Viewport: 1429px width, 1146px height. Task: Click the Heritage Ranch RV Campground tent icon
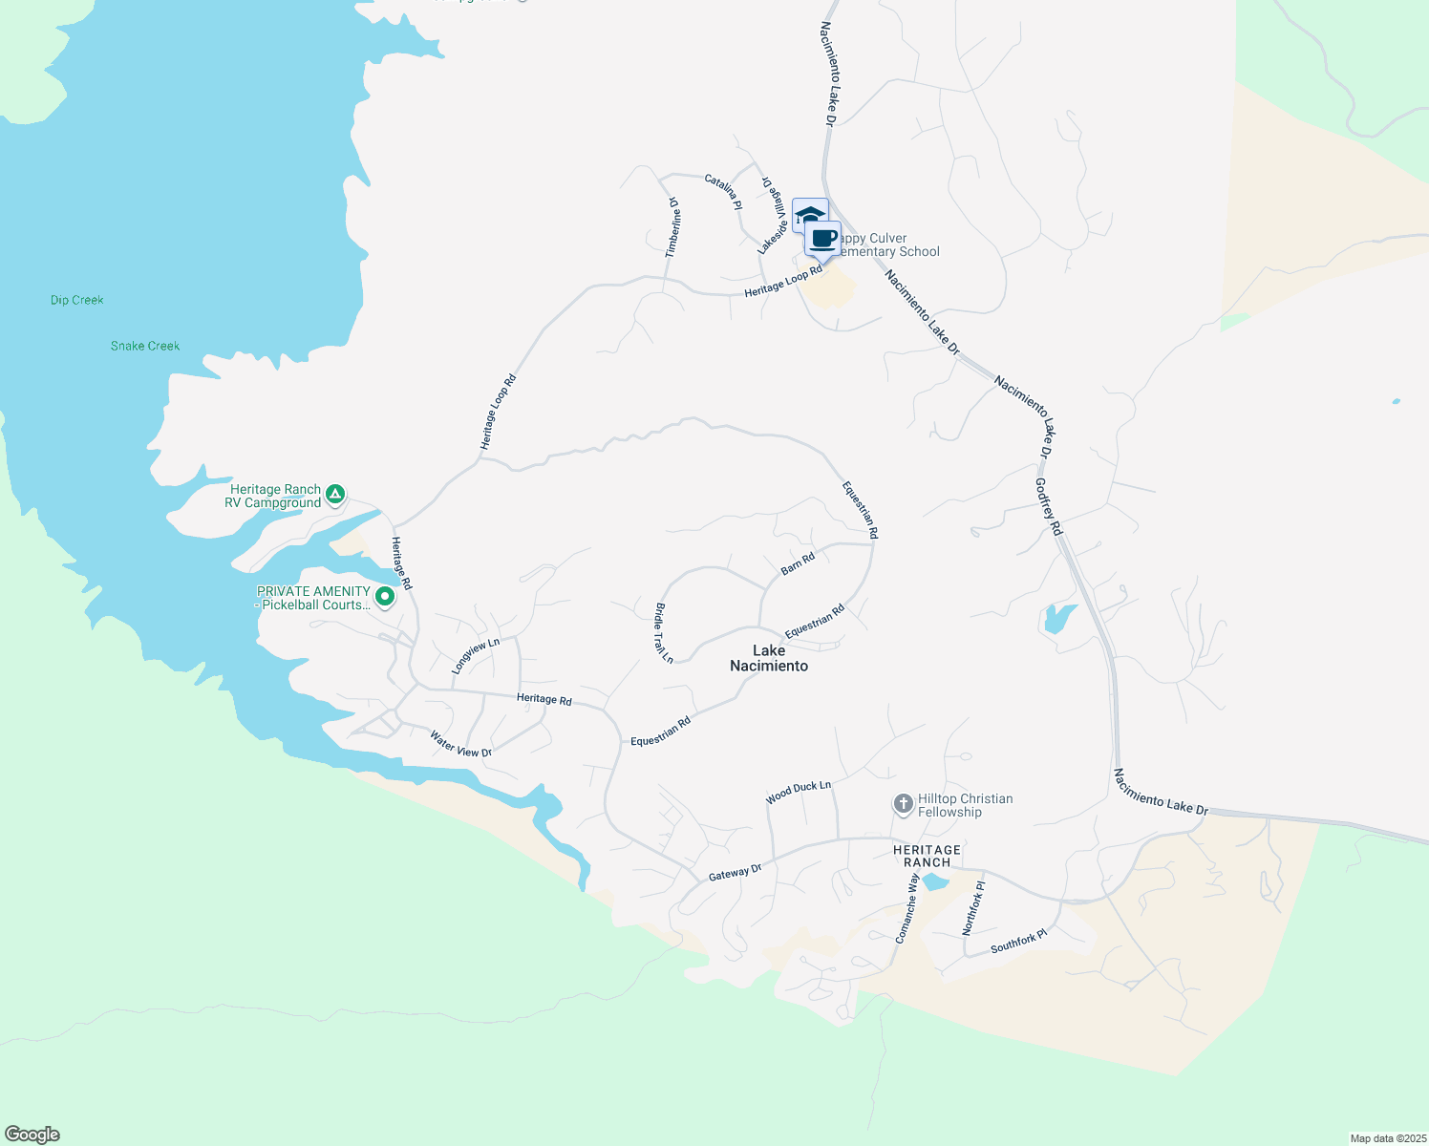coord(334,495)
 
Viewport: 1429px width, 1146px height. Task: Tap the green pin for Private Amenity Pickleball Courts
coord(385,598)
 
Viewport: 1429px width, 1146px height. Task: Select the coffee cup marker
coord(823,239)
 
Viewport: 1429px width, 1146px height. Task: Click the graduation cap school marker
coord(808,214)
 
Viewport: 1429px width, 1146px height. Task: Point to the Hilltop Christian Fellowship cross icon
coord(904,804)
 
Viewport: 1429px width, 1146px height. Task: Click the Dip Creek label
coord(77,300)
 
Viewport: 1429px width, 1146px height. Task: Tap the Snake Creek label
coord(145,346)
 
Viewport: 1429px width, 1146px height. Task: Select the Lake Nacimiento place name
coord(769,658)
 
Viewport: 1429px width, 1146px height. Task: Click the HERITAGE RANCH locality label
coord(927,856)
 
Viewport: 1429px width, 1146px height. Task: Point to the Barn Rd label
coord(798,563)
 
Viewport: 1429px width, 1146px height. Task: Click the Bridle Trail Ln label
coord(663,632)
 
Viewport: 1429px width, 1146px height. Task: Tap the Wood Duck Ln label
coord(799,792)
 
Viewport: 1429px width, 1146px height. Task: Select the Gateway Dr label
coord(736,873)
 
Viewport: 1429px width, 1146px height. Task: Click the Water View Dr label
coord(460,745)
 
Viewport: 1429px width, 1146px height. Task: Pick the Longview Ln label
coord(476,656)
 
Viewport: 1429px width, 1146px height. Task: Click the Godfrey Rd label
coord(1049,506)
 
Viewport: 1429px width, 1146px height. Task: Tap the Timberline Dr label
coord(673,227)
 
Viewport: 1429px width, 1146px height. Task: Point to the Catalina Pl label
coord(723,191)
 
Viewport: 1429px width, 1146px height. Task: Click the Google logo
coord(32,1135)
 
